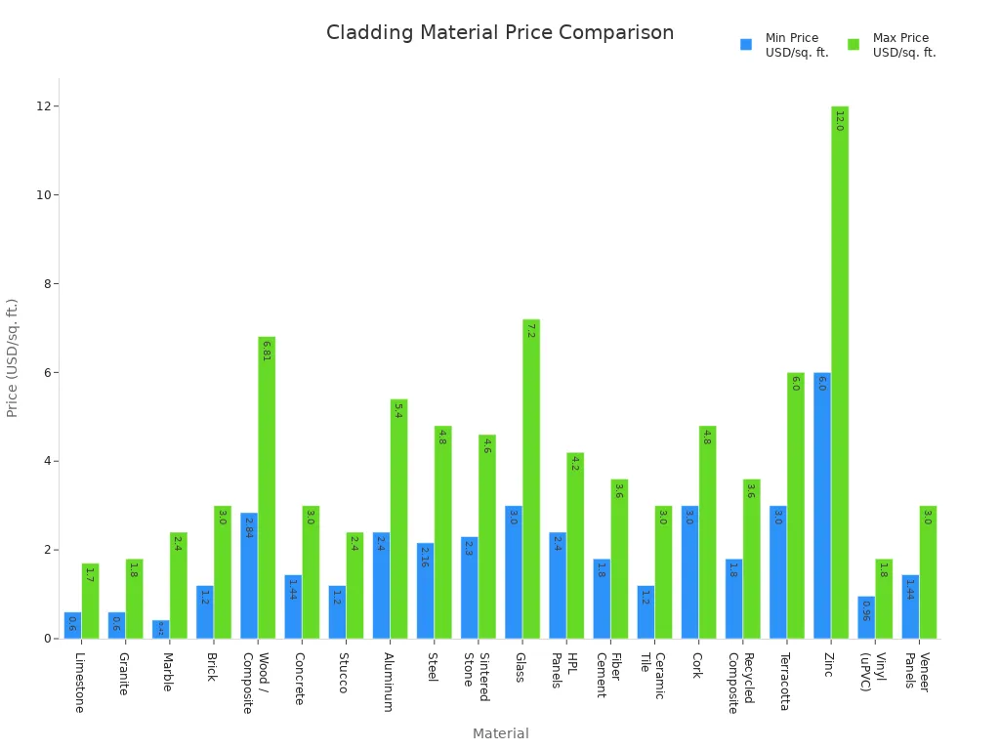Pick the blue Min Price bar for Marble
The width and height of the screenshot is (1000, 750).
[x=161, y=629]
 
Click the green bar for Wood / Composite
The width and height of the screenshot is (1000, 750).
[x=267, y=488]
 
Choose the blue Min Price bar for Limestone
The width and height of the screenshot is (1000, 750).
[x=72, y=625]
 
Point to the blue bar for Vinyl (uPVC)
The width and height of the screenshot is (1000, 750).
[x=866, y=617]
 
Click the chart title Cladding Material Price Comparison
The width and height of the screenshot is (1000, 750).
[x=500, y=33]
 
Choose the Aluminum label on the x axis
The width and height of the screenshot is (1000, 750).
[x=388, y=682]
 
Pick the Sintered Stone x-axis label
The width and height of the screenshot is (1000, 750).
[x=476, y=676]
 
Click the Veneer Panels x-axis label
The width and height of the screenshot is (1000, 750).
[x=916, y=672]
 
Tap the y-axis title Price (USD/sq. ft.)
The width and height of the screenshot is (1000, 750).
[x=13, y=357]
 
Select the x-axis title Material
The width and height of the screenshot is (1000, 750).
[x=500, y=733]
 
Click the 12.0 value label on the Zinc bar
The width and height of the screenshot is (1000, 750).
[x=839, y=120]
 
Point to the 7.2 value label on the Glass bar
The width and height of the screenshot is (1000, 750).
[x=530, y=330]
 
